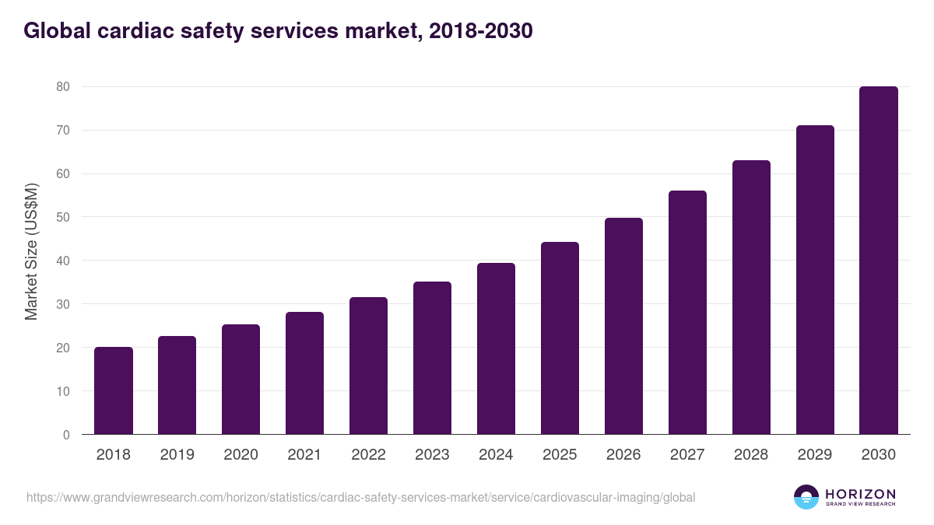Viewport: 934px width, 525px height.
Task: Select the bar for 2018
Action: (x=114, y=390)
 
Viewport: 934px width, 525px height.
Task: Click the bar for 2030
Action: (x=879, y=261)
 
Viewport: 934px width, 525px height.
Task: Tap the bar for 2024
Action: (x=496, y=348)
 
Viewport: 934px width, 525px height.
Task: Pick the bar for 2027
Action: (x=687, y=313)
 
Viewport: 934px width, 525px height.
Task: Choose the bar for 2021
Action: (x=304, y=373)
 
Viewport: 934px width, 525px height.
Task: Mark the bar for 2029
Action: (x=815, y=280)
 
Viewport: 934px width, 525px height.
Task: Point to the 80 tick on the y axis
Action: (x=63, y=87)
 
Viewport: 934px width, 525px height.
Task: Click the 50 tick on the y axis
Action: (x=63, y=217)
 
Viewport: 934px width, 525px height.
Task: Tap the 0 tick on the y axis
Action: (x=67, y=435)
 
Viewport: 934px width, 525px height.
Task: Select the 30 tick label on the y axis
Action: (x=63, y=304)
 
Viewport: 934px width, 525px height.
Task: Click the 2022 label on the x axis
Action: (x=368, y=455)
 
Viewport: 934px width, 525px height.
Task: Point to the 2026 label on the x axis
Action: (x=623, y=455)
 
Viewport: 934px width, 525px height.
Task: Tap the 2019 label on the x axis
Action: (x=177, y=455)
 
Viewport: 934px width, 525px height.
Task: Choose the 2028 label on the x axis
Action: (x=751, y=455)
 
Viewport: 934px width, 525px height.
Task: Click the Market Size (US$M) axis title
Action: (x=31, y=251)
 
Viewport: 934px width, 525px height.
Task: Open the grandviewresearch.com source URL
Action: (x=360, y=497)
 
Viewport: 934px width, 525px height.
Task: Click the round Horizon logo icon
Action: (x=806, y=497)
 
